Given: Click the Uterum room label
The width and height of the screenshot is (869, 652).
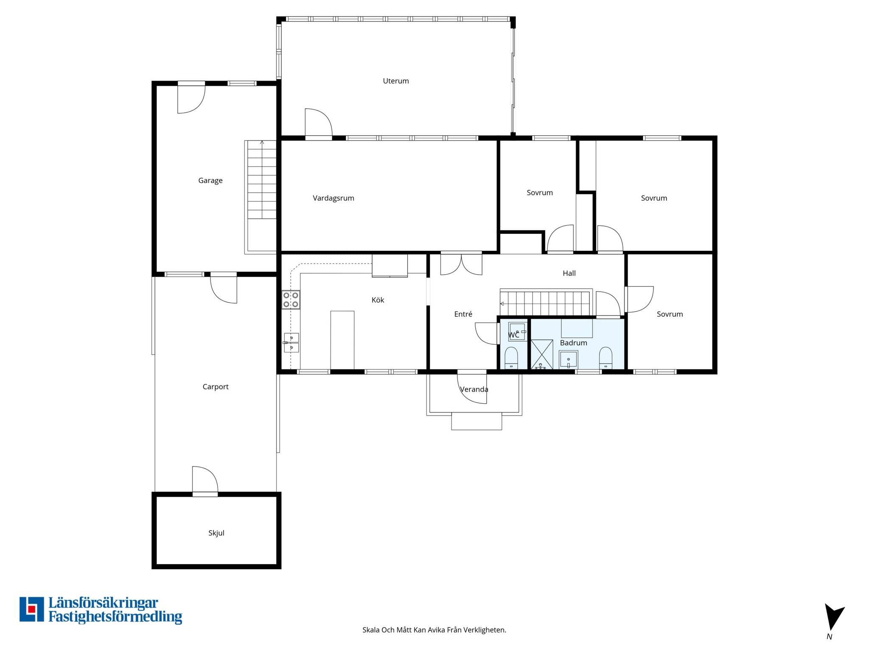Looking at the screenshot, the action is (x=396, y=81).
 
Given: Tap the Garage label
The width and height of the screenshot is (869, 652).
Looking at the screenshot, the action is (x=210, y=181).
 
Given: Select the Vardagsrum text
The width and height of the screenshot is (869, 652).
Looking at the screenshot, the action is (x=334, y=198).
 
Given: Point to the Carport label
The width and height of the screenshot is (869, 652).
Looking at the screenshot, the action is (x=216, y=387).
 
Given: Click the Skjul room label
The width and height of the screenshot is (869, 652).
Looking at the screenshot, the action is (x=216, y=533).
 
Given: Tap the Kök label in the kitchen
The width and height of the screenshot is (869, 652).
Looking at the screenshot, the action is (x=378, y=300).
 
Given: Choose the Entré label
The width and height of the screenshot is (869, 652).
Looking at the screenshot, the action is (x=463, y=314).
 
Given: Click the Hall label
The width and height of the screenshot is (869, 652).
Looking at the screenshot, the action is (x=569, y=273).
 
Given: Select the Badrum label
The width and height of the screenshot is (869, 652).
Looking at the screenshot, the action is (x=574, y=343).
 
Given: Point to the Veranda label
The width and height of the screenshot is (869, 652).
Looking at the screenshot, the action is (x=474, y=390).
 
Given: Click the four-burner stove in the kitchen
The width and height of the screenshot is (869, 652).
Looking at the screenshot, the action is (x=291, y=300).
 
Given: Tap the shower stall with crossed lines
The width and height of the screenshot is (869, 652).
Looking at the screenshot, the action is (x=542, y=354).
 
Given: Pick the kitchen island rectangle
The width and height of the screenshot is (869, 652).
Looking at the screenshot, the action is (x=342, y=340).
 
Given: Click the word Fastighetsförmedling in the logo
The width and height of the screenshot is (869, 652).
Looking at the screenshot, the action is (x=115, y=617).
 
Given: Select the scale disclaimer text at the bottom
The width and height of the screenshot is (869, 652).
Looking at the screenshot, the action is (x=434, y=630).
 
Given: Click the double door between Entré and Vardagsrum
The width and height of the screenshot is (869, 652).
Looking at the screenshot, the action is (x=461, y=264).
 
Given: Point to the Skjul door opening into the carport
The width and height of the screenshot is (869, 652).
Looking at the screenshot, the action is (x=205, y=481).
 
